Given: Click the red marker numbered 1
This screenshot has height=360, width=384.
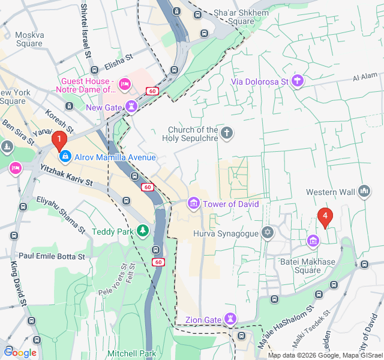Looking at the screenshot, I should (x=59, y=140).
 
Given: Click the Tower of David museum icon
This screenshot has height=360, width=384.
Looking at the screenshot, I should (x=193, y=204).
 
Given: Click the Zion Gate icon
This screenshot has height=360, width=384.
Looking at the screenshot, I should (x=230, y=319).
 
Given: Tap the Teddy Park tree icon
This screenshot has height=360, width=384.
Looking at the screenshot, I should (x=142, y=230).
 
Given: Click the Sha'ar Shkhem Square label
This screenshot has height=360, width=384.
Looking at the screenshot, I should (x=233, y=17).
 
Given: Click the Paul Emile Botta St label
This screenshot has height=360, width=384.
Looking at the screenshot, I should (x=52, y=256).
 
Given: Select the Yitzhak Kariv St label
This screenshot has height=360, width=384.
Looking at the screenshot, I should (x=66, y=175).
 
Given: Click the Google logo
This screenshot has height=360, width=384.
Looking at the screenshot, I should (x=20, y=352).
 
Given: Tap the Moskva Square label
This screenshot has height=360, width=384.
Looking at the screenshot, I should (x=29, y=39).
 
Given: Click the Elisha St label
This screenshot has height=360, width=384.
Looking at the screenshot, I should (x=118, y=59).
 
